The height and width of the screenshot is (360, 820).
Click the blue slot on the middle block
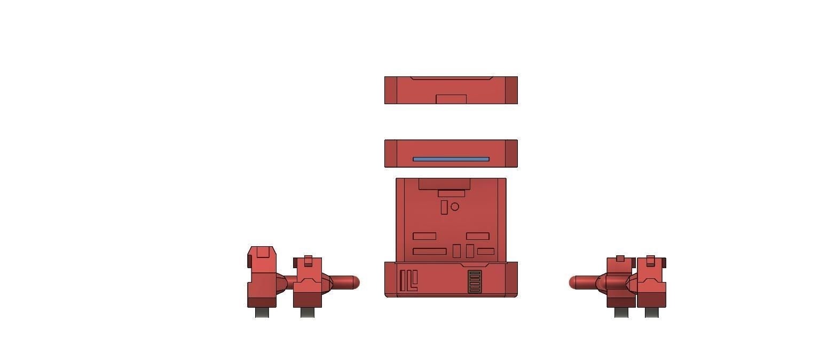[x=451, y=159]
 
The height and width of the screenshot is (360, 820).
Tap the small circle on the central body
[x=455, y=206]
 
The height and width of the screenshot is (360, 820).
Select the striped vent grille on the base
[x=475, y=281]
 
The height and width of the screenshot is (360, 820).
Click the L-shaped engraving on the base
[x=412, y=281]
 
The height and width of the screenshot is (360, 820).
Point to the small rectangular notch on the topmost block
[x=451, y=99]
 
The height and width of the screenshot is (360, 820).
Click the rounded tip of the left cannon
[x=354, y=283]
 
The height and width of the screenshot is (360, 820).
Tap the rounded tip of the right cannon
[x=574, y=283]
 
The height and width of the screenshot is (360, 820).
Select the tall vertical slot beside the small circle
[x=444, y=207]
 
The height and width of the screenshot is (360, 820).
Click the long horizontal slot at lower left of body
[x=430, y=252]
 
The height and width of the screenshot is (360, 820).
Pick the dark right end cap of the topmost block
[x=511, y=90]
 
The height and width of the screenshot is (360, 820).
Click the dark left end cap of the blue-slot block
[x=391, y=154]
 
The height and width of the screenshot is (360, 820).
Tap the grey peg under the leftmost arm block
[x=262, y=312]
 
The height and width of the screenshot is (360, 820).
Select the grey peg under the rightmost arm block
[x=651, y=312]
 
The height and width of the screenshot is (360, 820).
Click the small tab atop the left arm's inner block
[x=308, y=260]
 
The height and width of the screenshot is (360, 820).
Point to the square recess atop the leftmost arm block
[x=262, y=252]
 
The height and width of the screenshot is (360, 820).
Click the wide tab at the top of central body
[x=444, y=184]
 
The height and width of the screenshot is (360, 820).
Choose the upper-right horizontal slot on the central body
[x=478, y=236]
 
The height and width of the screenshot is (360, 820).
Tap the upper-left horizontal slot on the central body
[x=424, y=236]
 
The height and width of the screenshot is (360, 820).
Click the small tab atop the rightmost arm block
[x=650, y=260]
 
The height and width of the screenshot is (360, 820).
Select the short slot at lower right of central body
[x=486, y=252]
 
